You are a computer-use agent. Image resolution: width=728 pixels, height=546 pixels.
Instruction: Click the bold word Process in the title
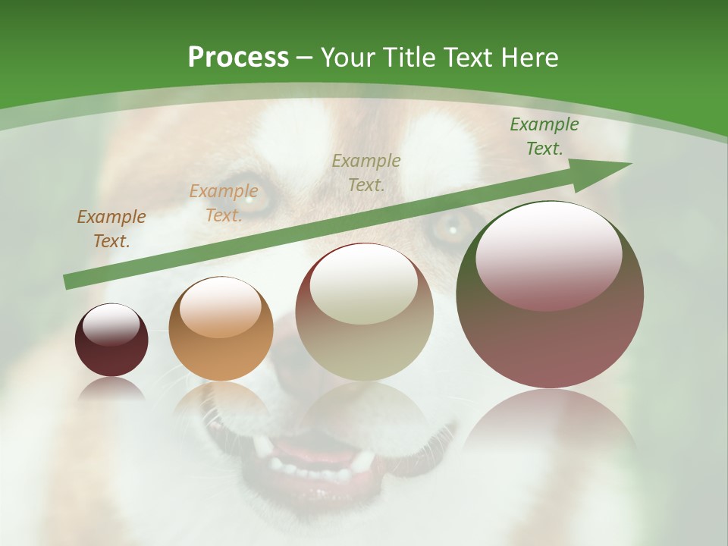click(x=238, y=58)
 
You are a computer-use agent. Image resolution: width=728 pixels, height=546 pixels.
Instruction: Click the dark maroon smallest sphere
click(x=111, y=340)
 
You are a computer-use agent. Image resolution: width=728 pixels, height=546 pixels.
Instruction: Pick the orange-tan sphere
click(x=221, y=328)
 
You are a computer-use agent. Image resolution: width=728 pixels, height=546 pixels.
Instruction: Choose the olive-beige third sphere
click(x=364, y=312)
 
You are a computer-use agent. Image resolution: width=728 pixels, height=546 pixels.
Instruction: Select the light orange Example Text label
click(x=224, y=203)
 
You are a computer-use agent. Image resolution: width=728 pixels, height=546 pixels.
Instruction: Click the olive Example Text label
click(x=366, y=172)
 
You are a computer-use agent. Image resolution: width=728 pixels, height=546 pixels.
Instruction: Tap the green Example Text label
click(x=544, y=136)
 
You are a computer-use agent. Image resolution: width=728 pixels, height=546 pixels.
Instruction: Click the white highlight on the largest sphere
click(x=549, y=254)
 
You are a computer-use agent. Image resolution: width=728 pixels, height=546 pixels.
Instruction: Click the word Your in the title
click(x=348, y=58)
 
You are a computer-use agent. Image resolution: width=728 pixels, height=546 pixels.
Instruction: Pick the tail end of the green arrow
click(x=68, y=283)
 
